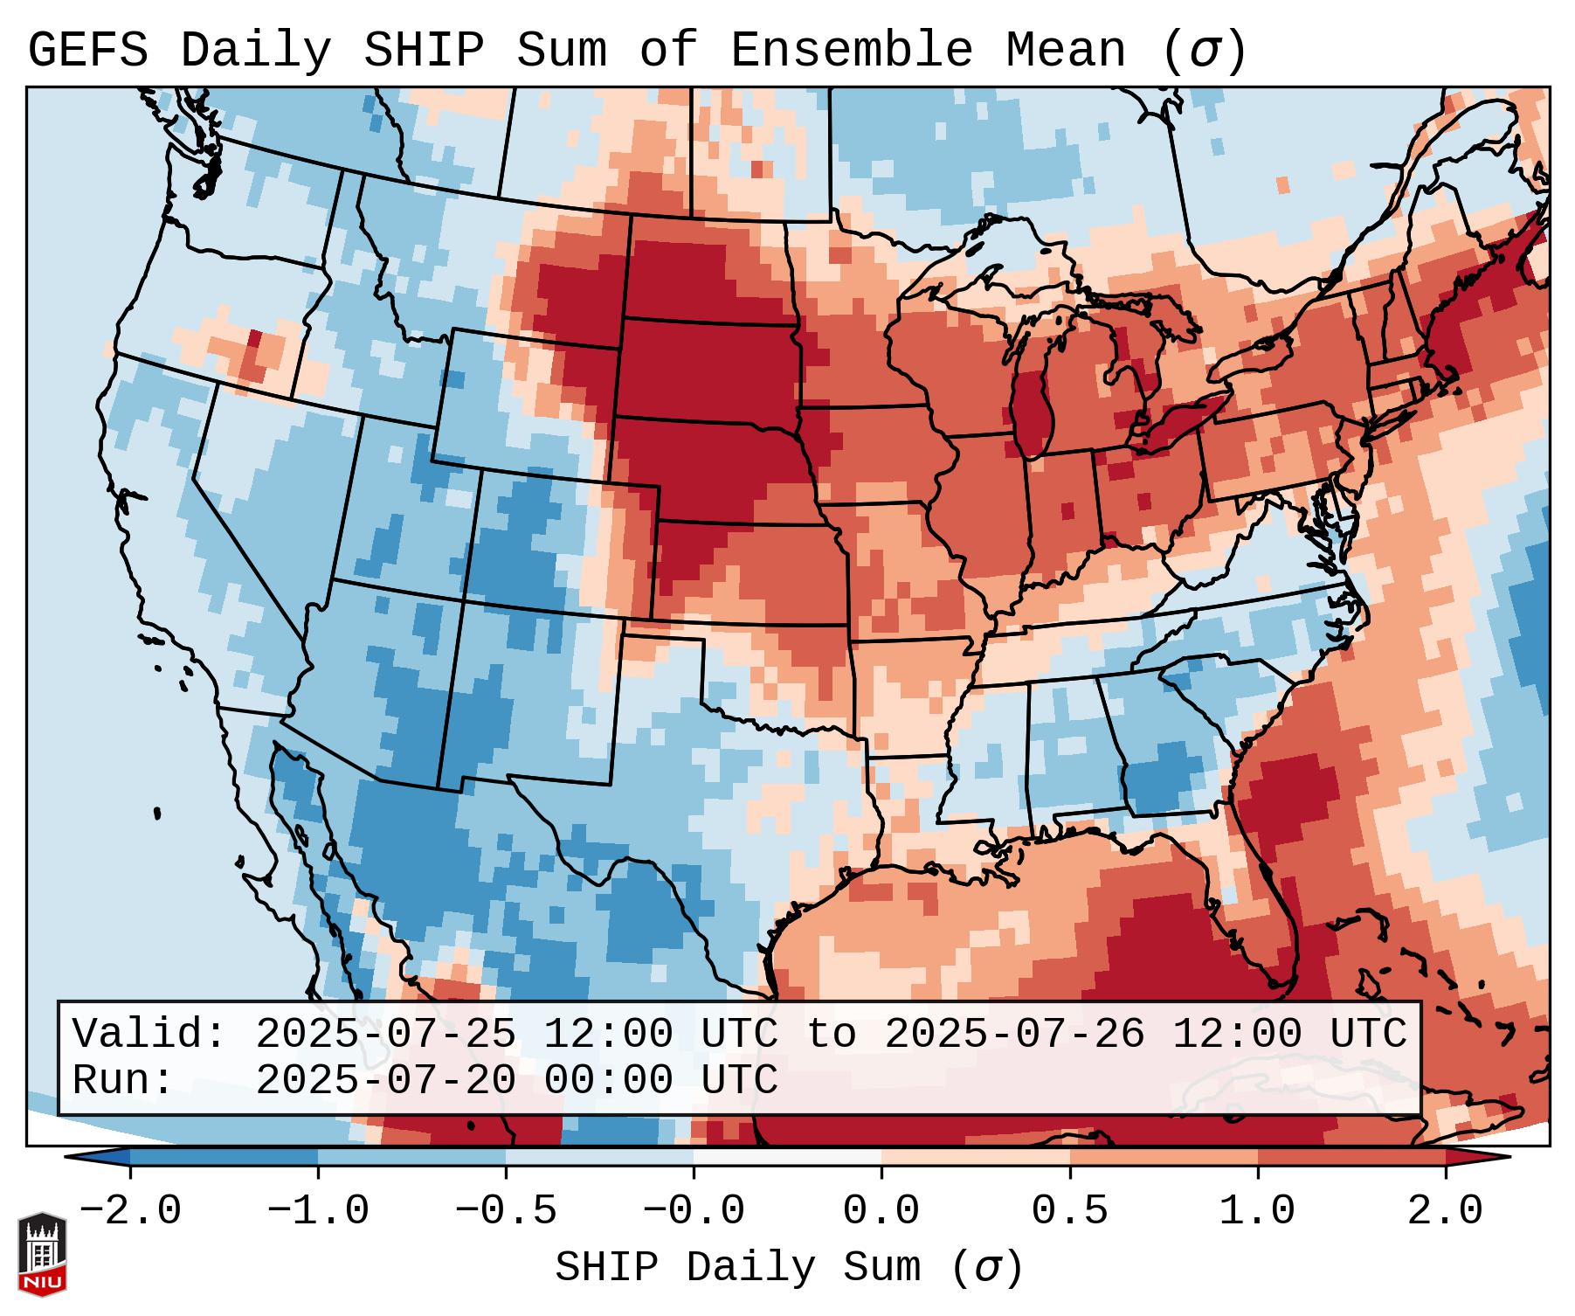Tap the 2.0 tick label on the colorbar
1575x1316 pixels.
[x=1445, y=1211]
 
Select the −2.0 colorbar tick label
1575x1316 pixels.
[x=130, y=1211]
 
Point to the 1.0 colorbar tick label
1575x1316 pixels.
[x=1257, y=1211]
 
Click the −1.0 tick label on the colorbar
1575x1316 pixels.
[x=318, y=1211]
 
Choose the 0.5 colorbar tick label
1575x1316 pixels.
[x=1069, y=1211]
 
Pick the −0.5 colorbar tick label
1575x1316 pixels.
[x=506, y=1211]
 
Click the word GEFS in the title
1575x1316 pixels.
[x=87, y=51]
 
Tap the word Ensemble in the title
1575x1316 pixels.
[x=851, y=51]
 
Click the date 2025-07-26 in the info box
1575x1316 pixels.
[x=1014, y=1034]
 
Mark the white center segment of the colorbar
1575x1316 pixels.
[x=787, y=1157]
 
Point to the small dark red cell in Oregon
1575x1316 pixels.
[x=254, y=339]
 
